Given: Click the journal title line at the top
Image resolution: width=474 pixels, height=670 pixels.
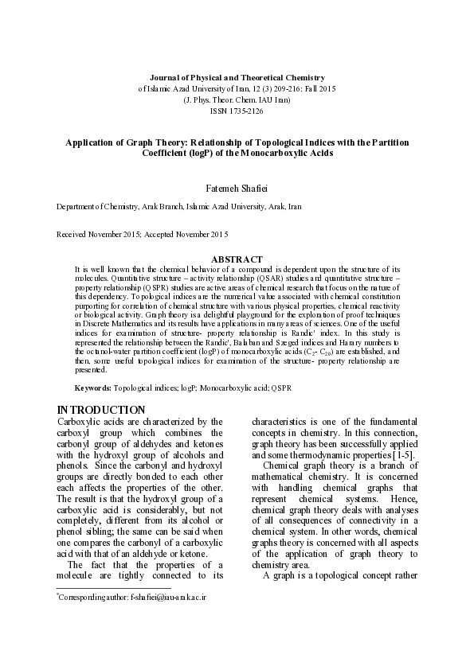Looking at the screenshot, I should pos(237,77).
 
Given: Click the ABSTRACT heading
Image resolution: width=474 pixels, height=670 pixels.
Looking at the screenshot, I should pos(237,259).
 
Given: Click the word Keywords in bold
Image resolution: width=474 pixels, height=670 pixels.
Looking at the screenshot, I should pos(92,388).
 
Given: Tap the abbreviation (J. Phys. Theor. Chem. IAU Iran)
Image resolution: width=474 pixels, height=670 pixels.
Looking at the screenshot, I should pos(237,100).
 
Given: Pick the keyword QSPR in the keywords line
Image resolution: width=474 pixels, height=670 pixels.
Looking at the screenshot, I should pos(281,388).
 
